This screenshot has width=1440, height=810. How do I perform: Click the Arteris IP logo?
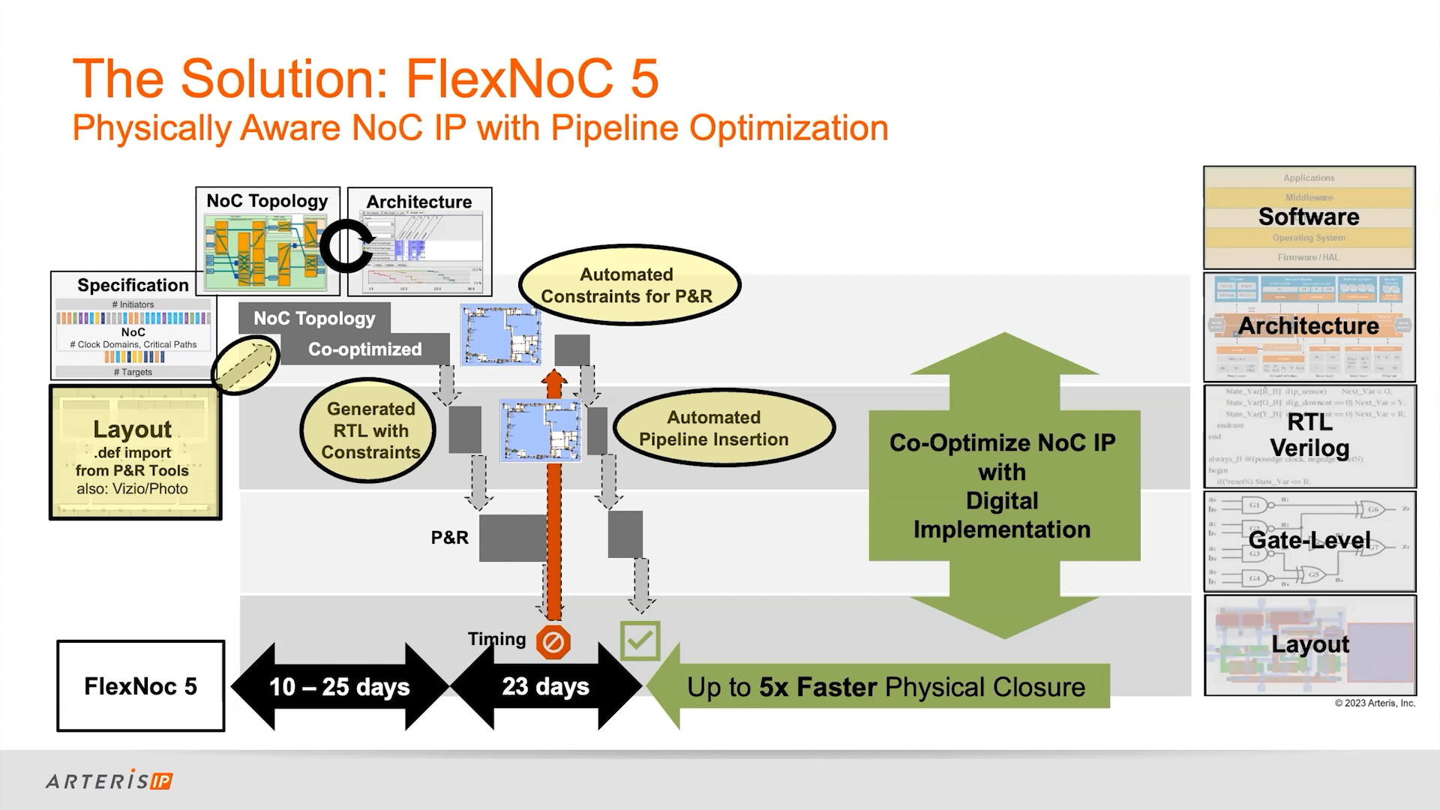109,781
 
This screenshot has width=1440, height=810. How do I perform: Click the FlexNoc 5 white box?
141,686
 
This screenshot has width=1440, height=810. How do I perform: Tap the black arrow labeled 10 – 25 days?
340,687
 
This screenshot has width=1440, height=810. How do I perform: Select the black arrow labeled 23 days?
546,686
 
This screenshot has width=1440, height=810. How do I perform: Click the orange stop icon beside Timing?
553,642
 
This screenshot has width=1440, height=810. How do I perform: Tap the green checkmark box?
640,640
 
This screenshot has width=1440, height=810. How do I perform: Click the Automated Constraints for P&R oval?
627,286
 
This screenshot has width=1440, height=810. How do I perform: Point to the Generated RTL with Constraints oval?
370,430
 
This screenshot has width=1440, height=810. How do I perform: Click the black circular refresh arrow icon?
346,244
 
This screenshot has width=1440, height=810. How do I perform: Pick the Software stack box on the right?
1309,217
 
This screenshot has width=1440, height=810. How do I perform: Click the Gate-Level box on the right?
1309,541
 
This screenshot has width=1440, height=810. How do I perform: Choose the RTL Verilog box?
1309,436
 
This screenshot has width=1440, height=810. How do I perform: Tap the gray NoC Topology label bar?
314,318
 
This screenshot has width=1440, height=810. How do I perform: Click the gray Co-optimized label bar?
364,349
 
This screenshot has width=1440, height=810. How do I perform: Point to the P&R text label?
450,538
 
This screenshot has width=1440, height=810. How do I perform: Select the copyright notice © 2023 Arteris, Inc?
1375,703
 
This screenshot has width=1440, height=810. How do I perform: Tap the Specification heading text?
133,285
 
